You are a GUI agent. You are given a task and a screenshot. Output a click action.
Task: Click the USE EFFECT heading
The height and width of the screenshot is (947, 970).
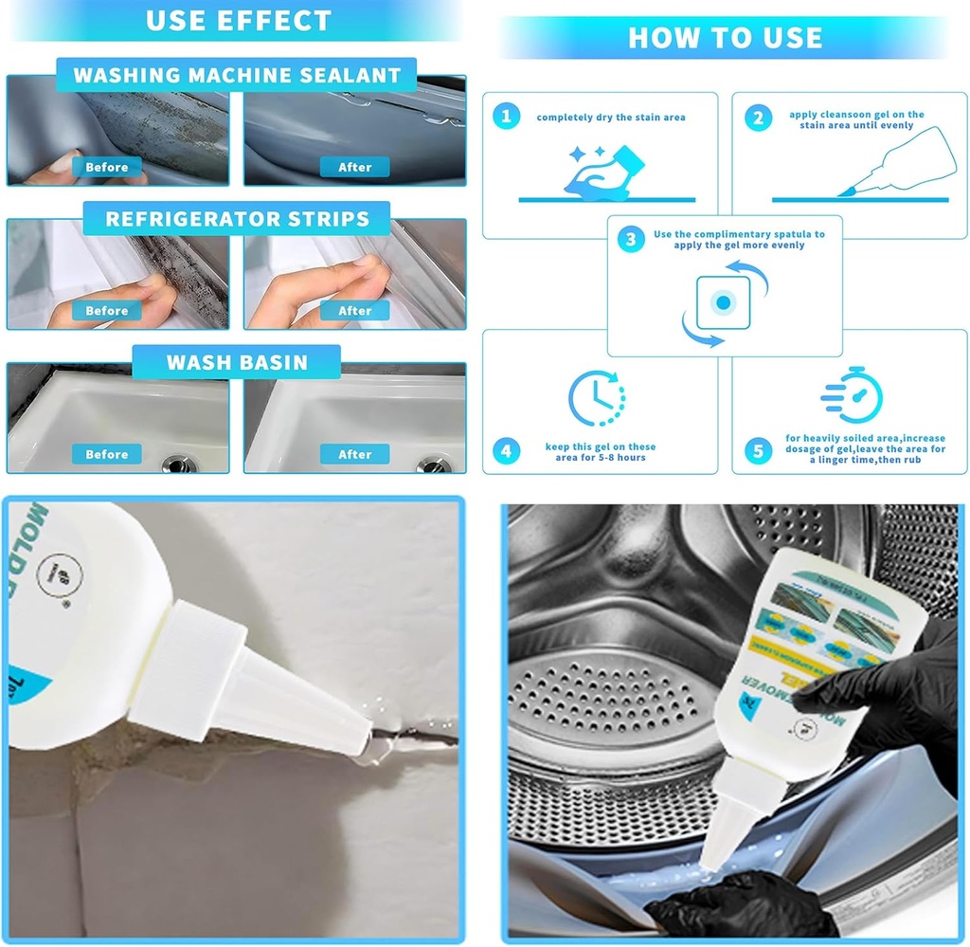tap(239, 20)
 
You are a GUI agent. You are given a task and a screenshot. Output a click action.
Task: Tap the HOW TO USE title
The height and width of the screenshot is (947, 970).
tap(726, 37)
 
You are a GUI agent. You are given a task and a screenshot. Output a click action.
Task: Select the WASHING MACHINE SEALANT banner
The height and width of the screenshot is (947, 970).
tap(237, 75)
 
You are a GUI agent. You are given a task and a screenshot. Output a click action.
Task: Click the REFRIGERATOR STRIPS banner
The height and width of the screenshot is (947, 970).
tap(237, 219)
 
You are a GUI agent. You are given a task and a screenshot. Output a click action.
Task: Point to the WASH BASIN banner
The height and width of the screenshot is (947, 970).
tap(237, 362)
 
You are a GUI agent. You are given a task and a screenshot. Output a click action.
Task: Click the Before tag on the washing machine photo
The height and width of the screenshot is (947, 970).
tap(106, 167)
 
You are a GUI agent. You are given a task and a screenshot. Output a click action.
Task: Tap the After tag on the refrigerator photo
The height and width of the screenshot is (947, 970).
tap(355, 310)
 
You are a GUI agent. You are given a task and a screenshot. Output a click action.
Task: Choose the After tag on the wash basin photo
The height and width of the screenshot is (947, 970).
tap(355, 454)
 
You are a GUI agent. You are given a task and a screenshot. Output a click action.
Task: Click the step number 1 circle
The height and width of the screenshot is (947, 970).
tap(507, 117)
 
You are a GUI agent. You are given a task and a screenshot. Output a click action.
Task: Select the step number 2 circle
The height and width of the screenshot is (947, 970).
tap(757, 118)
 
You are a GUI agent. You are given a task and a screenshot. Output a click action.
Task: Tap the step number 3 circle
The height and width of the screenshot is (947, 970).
tap(631, 240)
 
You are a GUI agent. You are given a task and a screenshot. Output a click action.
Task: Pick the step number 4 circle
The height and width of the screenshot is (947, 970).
tap(507, 451)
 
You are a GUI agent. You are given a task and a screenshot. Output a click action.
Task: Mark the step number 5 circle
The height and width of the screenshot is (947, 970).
tap(757, 451)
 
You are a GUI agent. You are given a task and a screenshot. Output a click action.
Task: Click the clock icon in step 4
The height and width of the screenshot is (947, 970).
tap(597, 398)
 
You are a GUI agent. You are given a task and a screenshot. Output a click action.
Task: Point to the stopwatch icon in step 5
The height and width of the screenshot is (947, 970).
tap(853, 394)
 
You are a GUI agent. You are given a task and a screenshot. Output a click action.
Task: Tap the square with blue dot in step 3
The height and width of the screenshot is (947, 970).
tap(723, 301)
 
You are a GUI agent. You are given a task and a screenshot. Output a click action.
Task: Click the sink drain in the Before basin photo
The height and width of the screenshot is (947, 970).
tap(179, 464)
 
